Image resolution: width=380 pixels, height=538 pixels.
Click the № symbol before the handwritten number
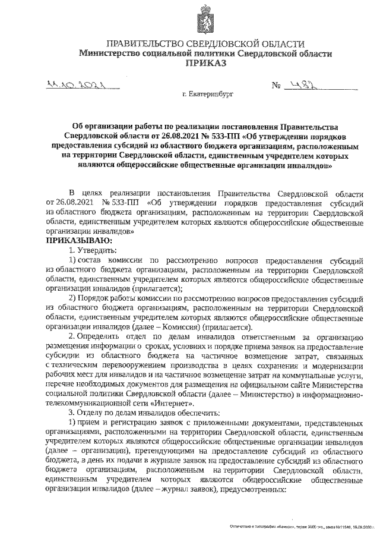pyautogui.click(x=276, y=87)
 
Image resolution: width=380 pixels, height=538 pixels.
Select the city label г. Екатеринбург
pyautogui.click(x=208, y=94)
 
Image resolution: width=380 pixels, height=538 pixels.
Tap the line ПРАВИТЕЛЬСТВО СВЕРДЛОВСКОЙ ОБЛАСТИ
pyautogui.click(x=205, y=44)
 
